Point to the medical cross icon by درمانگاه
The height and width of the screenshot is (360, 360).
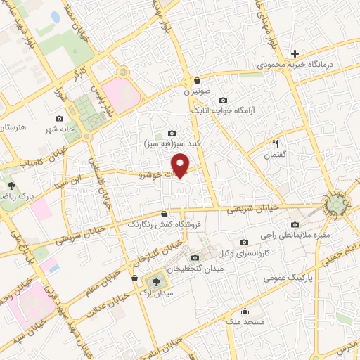pos(295,53)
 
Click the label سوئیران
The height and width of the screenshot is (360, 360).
pos(198,91)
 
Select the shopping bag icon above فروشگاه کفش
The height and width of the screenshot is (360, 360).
pos(164,214)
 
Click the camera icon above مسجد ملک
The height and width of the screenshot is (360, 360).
pos(244,312)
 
